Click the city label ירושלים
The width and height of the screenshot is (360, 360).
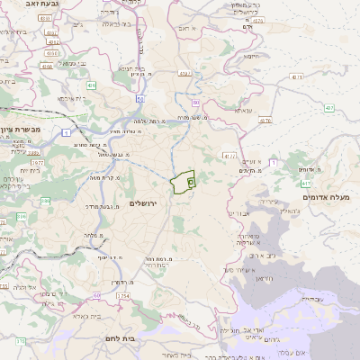[143, 204]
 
